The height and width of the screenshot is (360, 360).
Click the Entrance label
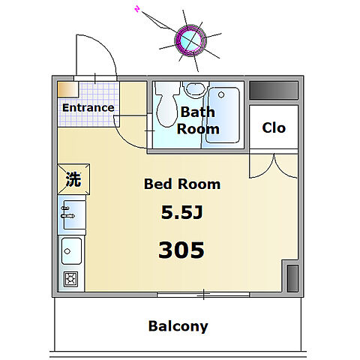pos(88,108)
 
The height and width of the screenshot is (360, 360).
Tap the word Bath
pos(197,112)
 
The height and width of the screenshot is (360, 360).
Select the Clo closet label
pos(274,127)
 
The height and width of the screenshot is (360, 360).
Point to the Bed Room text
pos(182,184)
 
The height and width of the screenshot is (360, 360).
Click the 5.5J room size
pos(181,212)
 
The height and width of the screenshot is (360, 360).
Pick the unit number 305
pos(181,250)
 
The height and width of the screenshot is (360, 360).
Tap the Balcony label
pos(178,326)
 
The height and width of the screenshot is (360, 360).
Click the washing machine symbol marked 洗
pos(73,179)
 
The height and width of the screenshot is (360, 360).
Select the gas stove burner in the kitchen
pos(71,279)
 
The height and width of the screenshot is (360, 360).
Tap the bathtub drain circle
pos(221,94)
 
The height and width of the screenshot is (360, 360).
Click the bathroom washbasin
pos(196,89)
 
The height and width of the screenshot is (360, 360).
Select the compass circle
pos(190,40)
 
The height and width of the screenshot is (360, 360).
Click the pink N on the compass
pos(137,10)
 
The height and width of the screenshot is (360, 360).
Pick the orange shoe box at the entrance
pos(68,89)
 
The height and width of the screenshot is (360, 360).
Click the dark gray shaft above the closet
pos(274,90)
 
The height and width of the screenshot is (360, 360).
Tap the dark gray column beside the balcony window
pos(292,278)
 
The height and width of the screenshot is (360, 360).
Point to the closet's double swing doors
pos(274,166)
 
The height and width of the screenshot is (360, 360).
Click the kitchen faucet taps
pos(67,212)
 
